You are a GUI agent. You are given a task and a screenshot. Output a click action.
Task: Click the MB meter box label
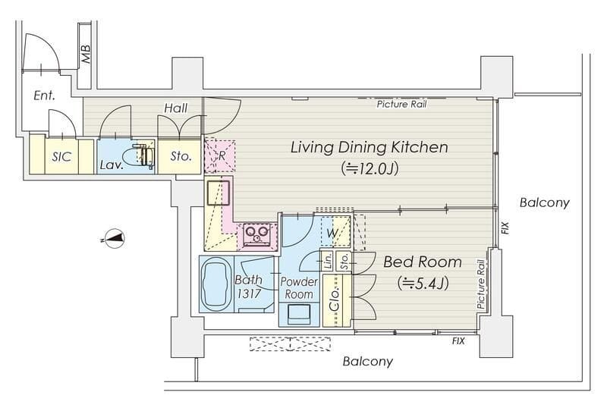click(86, 54)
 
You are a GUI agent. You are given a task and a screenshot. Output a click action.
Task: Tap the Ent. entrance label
click(44, 96)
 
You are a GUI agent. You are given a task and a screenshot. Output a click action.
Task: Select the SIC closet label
click(62, 157)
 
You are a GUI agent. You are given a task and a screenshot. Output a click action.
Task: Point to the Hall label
click(176, 108)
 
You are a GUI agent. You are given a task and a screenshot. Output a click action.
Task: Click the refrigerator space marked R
click(219, 155)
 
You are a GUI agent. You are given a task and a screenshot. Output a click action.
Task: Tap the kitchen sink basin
click(219, 193)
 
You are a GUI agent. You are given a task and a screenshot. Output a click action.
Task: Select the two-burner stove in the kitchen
click(257, 234)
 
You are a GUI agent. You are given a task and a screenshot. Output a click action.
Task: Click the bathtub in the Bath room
click(216, 284)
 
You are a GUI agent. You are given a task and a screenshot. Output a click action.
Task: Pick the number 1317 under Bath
click(249, 293)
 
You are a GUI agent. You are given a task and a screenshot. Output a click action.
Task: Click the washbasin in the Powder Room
click(299, 314)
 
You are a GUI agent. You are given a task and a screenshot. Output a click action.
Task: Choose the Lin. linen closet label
click(329, 261)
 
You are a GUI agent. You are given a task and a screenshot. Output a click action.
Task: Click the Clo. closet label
click(335, 300)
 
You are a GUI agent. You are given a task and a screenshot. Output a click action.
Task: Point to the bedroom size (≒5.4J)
click(423, 284)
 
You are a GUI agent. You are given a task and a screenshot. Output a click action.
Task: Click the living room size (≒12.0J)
click(370, 169)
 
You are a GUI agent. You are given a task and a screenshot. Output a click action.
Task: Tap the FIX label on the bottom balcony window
click(458, 341)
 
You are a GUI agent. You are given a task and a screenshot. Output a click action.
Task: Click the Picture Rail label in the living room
click(402, 104)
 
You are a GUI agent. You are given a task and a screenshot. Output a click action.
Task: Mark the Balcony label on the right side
click(544, 202)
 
